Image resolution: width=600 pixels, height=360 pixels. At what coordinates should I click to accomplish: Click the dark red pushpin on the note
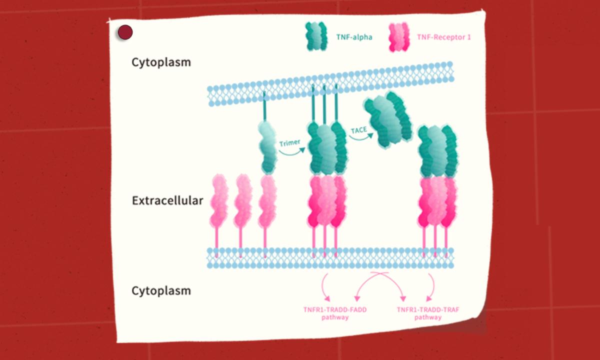(x=125, y=33)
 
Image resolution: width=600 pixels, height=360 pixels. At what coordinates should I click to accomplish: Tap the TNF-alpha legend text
(x=354, y=37)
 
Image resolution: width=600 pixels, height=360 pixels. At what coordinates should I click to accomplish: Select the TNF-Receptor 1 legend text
(x=443, y=37)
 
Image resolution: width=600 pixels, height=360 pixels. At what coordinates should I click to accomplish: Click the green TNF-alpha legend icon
(x=316, y=37)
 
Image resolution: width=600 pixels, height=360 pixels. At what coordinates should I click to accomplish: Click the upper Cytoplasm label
(x=161, y=62)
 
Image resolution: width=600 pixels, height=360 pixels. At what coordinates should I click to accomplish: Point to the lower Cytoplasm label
(x=161, y=290)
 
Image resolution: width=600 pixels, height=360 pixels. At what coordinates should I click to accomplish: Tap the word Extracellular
(x=167, y=200)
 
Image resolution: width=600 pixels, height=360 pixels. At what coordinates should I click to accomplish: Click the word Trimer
(x=290, y=143)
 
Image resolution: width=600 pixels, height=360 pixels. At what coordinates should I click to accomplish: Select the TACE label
(x=358, y=130)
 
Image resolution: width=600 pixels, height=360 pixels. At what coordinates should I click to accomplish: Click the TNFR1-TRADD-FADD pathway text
(x=335, y=313)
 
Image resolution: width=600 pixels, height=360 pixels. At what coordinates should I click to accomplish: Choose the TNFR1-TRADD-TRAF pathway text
(x=428, y=313)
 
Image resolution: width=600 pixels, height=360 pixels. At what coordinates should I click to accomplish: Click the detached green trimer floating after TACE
(x=388, y=119)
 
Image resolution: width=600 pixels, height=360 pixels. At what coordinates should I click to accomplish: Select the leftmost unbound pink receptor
(x=219, y=200)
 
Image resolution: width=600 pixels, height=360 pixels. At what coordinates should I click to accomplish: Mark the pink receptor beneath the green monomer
(x=267, y=200)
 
